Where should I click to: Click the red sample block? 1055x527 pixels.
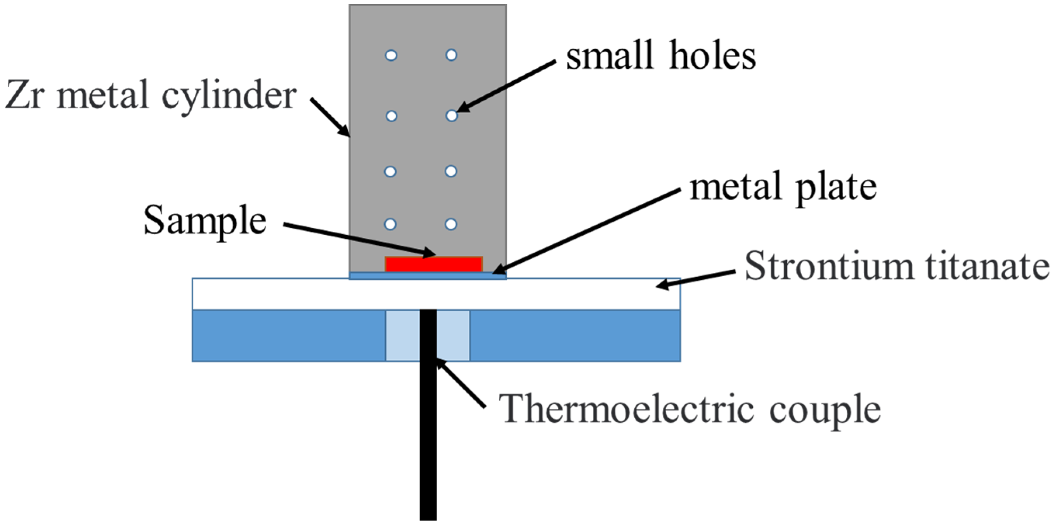[x=434, y=265]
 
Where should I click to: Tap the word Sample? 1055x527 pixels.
[x=205, y=221]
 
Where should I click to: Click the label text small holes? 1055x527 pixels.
[x=661, y=56]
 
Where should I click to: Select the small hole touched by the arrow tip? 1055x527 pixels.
[x=451, y=116]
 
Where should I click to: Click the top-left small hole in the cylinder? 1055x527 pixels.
[x=391, y=55]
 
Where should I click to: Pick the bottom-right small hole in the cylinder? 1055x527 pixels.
[x=451, y=224]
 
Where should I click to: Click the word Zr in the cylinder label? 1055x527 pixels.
[x=24, y=95]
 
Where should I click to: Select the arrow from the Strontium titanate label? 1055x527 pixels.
[x=696, y=279]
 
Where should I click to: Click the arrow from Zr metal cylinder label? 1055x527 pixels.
[x=330, y=117]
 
